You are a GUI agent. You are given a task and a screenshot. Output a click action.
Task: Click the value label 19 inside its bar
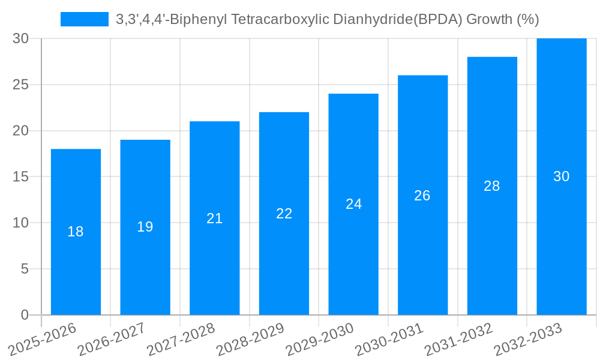145,227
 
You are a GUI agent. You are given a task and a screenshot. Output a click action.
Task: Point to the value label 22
284,214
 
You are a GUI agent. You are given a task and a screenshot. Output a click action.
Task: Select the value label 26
422,196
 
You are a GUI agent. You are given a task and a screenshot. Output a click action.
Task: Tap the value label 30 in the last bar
562,176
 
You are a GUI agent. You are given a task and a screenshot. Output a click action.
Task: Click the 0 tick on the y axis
25,315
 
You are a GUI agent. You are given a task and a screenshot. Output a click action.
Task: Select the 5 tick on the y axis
25,269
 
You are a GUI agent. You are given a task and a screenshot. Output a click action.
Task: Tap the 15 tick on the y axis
21,177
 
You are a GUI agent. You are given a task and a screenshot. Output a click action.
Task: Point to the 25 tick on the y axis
21,85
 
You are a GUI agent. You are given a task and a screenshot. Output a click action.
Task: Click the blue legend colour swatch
85,19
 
